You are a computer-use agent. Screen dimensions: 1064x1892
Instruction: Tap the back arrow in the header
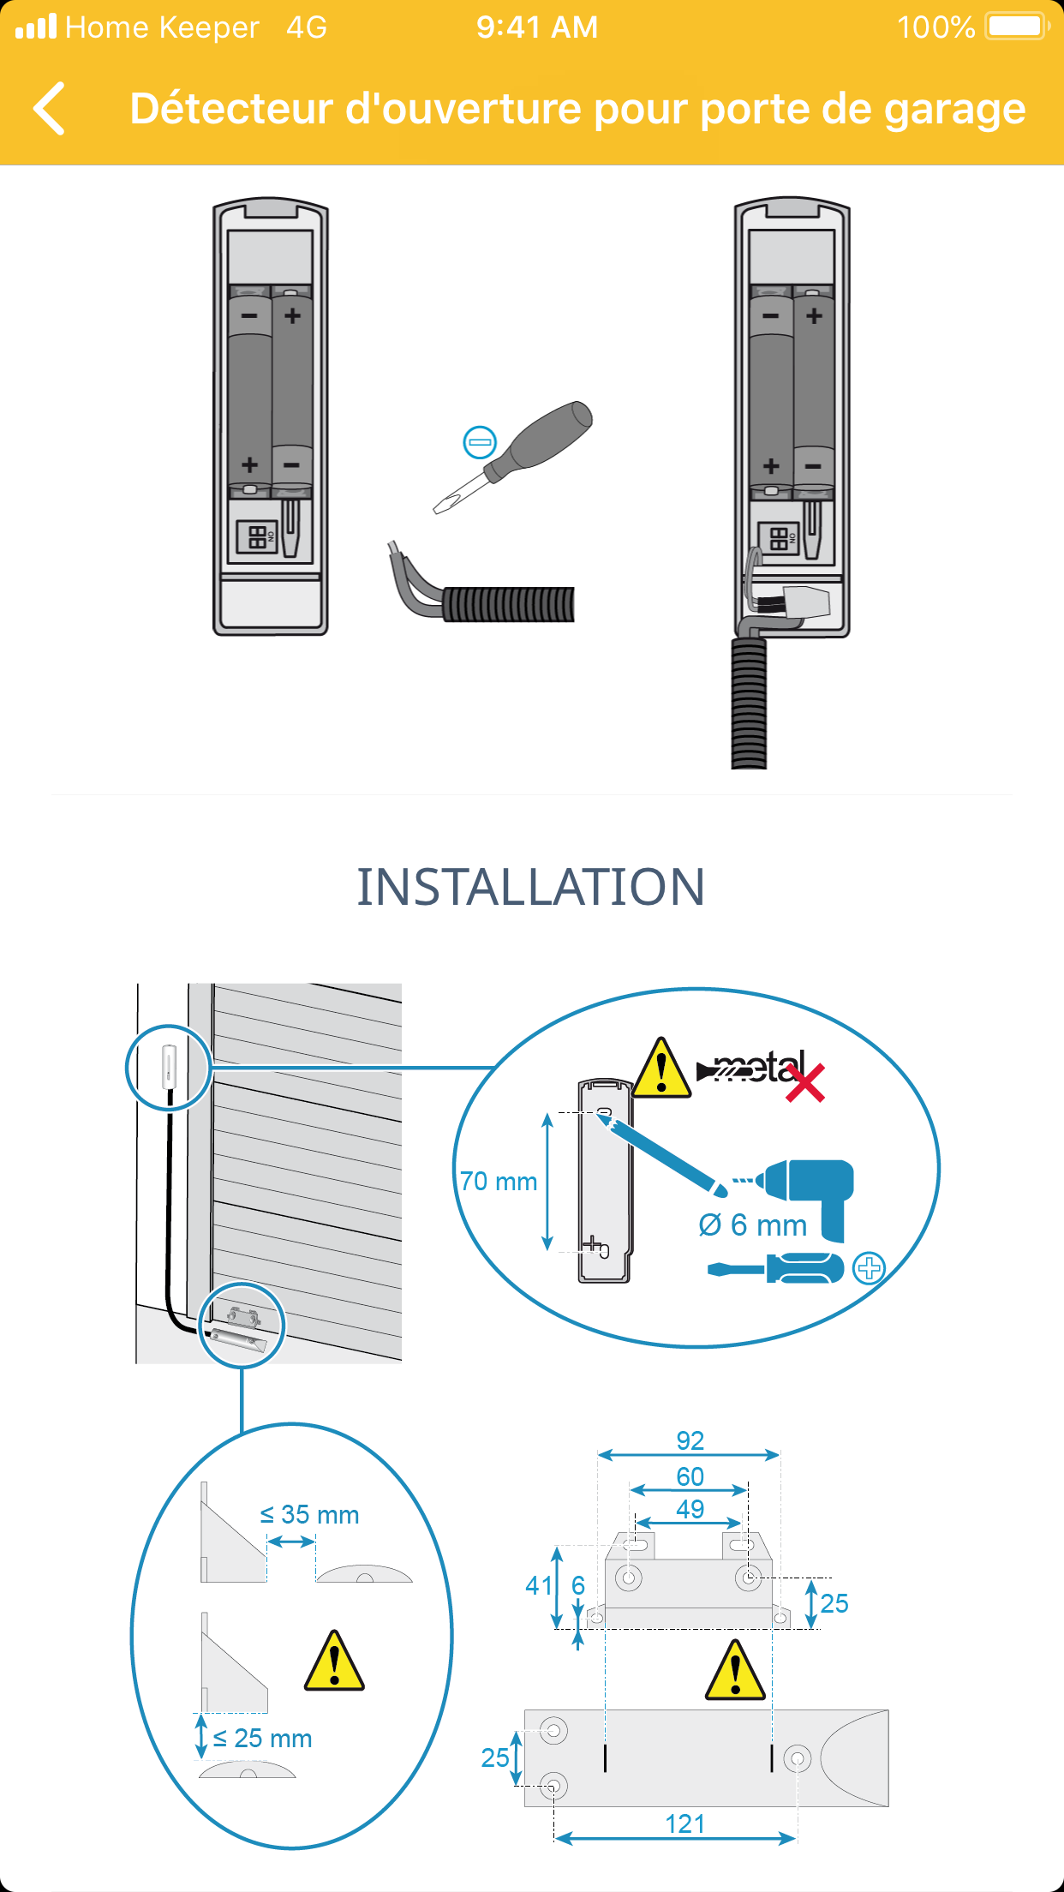[50, 109]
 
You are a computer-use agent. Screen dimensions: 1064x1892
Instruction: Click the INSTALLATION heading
[531, 887]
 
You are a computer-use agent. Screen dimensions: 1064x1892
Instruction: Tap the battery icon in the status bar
[1018, 27]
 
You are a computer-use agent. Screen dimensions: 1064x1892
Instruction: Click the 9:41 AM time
[537, 27]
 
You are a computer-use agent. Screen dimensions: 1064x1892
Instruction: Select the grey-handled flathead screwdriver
[512, 457]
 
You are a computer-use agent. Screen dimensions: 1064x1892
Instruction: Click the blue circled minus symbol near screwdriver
[480, 442]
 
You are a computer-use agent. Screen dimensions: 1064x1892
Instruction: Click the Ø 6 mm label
[753, 1225]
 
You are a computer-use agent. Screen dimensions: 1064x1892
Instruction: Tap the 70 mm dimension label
[499, 1182]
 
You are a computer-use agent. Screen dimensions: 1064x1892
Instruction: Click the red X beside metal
[805, 1082]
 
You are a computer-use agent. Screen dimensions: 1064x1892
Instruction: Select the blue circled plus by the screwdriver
[869, 1268]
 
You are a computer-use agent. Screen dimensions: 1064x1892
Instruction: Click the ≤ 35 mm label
[309, 1515]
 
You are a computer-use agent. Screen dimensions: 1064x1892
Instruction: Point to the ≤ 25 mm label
[262, 1739]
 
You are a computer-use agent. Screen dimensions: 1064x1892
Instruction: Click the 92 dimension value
[690, 1440]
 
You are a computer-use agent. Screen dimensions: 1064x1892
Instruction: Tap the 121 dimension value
[685, 1824]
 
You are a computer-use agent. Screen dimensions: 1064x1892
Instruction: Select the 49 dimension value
[690, 1509]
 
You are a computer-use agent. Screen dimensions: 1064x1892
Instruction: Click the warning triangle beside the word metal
[661, 1068]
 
